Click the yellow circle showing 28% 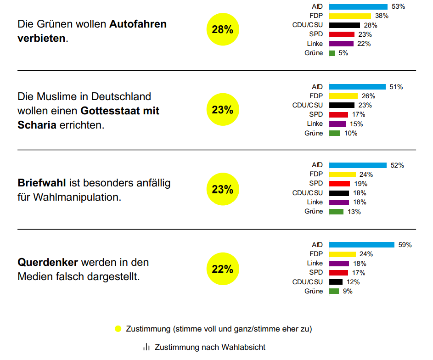pos(223,30)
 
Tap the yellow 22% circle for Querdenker pos(223,269)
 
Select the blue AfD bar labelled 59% pos(362,245)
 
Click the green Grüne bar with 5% pos(332,53)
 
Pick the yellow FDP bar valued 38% pos(350,16)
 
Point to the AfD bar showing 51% pos(357,87)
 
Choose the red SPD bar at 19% pos(339,184)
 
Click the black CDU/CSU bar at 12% pos(336,282)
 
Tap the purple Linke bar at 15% pos(337,124)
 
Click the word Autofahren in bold pos(138,24)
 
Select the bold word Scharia pos(37,124)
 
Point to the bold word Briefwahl pos(42,183)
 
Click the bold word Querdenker pos(48,263)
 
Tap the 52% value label pos(397,165)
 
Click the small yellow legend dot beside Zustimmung pos(118,329)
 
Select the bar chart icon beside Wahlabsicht pos(146,347)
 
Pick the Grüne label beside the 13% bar pos(314,212)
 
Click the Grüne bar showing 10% pos(335,133)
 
